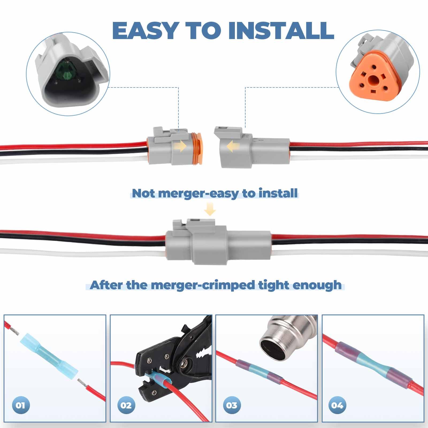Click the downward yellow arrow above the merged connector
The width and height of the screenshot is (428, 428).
click(x=210, y=209)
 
